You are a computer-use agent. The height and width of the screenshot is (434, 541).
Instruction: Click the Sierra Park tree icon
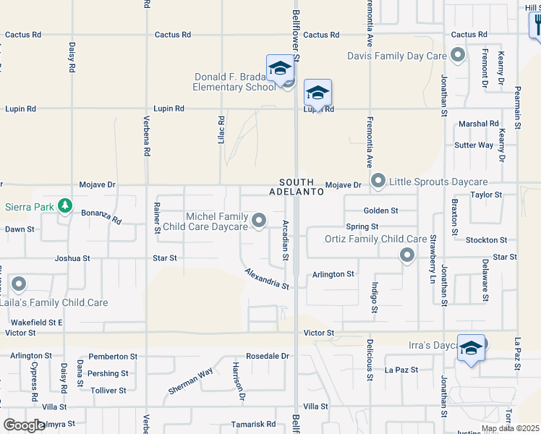coord(66,206)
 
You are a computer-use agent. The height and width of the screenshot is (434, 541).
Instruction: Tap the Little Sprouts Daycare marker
coord(378,181)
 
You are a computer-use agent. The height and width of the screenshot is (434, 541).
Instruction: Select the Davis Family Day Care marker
coord(457,55)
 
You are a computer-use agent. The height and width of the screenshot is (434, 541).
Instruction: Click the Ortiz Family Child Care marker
coord(407,255)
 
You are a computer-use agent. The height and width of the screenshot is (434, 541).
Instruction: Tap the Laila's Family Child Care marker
coord(18,285)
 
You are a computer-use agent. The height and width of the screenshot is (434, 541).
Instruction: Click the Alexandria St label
coord(267,278)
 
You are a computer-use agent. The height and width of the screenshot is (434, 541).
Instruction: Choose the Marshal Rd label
coord(479,124)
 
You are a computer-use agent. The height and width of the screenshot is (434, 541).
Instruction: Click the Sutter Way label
coord(474,145)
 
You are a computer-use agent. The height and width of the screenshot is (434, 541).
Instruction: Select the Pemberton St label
coord(112,357)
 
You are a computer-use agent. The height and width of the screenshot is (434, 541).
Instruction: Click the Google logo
coord(25,425)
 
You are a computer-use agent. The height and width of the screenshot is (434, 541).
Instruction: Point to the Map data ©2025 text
coord(510,428)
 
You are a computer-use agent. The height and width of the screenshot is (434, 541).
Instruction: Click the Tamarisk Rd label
coord(253,424)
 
